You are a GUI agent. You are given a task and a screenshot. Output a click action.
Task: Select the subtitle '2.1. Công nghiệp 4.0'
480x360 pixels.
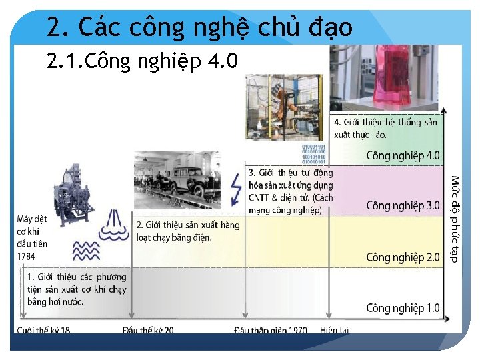[x=142, y=61]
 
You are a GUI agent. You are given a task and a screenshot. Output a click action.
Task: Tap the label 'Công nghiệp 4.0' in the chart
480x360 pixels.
[x=403, y=155]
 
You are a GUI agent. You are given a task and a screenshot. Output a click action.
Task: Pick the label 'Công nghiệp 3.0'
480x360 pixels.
[x=403, y=205]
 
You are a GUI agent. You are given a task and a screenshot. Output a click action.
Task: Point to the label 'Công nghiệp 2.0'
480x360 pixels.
[x=403, y=257]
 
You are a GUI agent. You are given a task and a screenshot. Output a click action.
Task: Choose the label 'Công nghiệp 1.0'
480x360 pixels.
[x=403, y=308]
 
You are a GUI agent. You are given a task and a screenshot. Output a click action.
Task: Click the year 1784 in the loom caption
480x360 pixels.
[x=27, y=256]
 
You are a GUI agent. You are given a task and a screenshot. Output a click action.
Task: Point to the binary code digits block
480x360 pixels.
[x=314, y=153]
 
